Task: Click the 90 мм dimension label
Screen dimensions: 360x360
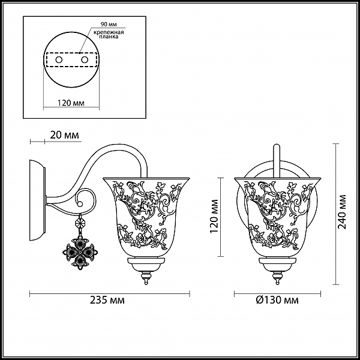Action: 109,25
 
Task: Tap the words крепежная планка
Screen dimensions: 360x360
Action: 109,34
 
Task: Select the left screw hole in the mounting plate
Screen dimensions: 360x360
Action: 59,60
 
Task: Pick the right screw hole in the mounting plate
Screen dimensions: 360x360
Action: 85,60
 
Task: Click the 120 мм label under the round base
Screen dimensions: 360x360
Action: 71,103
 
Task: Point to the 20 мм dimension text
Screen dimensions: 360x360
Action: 65,135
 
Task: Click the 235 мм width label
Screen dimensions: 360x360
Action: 107,300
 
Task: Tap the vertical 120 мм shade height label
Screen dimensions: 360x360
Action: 214,216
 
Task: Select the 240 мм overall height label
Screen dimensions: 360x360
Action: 342,212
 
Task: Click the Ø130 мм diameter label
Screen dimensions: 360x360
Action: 277,300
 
